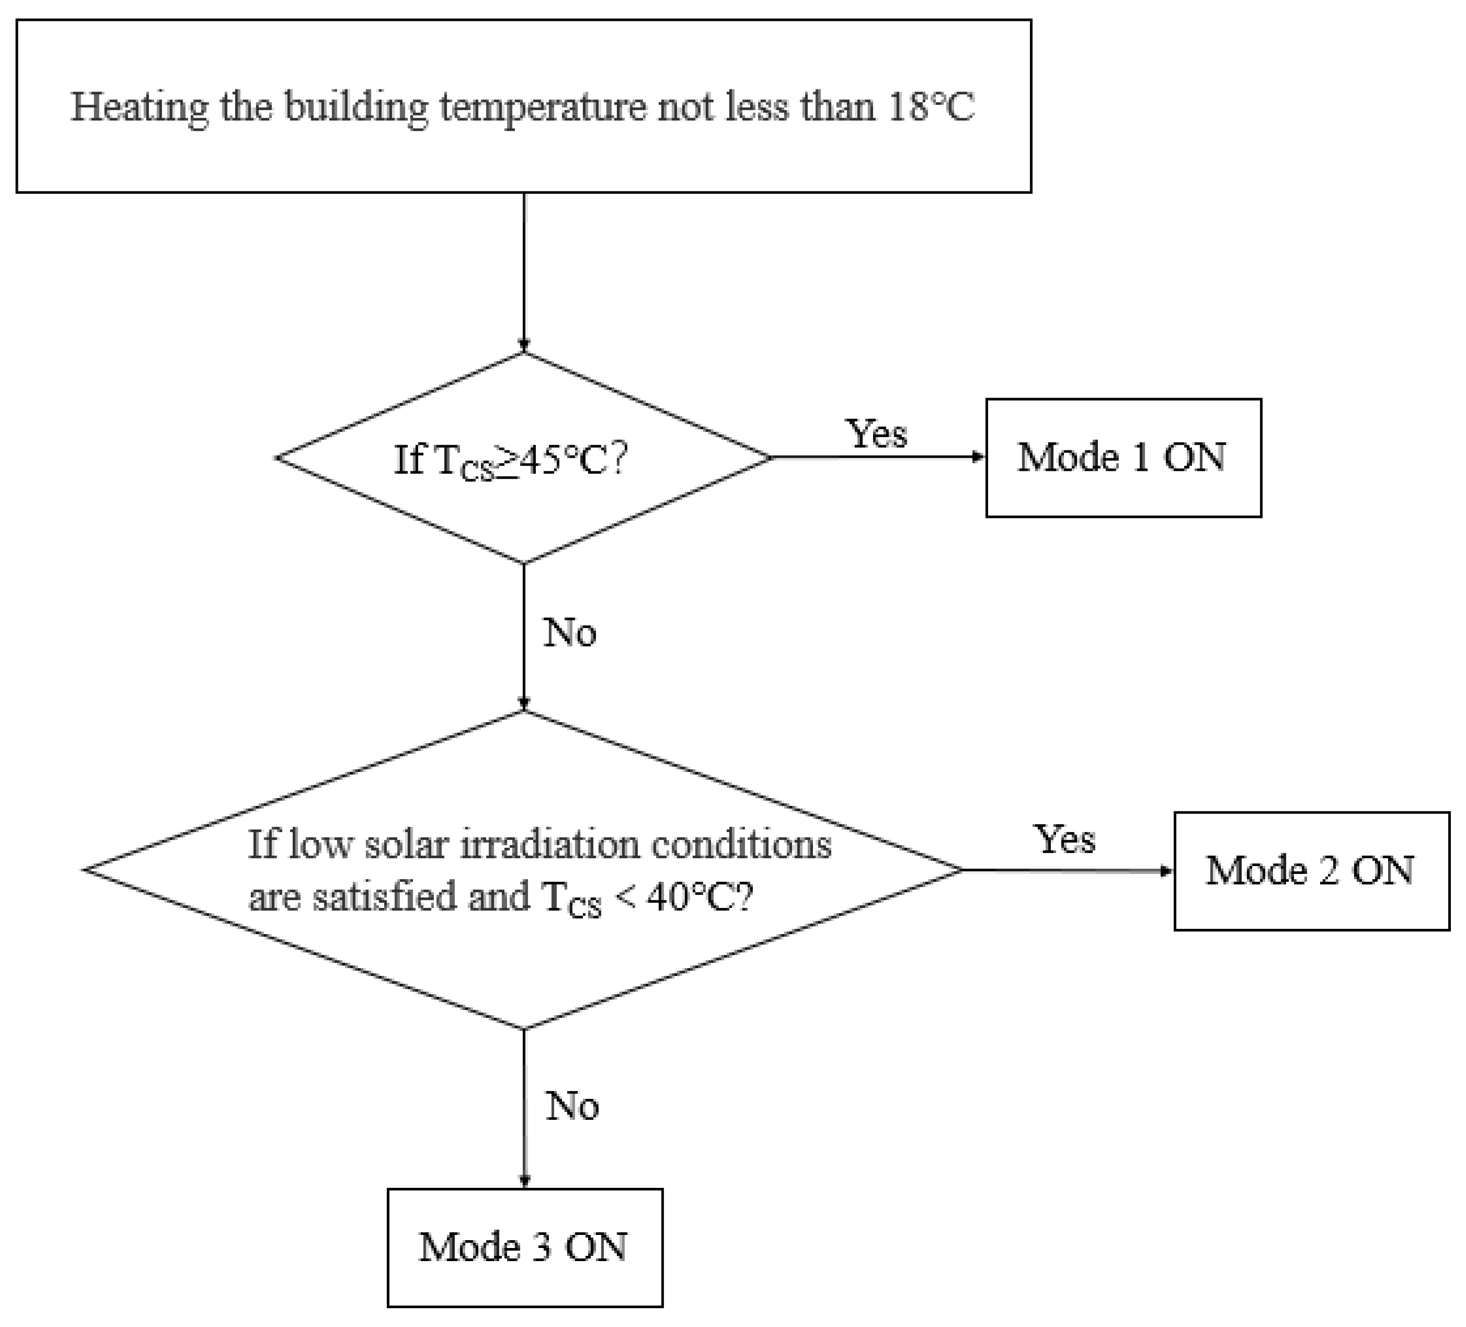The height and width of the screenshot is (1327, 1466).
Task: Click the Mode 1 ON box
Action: tap(1123, 458)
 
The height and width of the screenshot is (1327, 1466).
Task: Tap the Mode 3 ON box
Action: tap(524, 1247)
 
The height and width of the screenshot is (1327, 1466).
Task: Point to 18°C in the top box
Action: tap(931, 107)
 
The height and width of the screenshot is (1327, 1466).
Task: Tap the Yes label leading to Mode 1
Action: tap(877, 434)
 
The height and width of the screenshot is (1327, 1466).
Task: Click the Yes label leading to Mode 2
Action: tap(1064, 840)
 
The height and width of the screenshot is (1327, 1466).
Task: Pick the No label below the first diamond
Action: tap(570, 632)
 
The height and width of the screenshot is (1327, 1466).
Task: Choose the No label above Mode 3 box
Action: tap(572, 1106)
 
